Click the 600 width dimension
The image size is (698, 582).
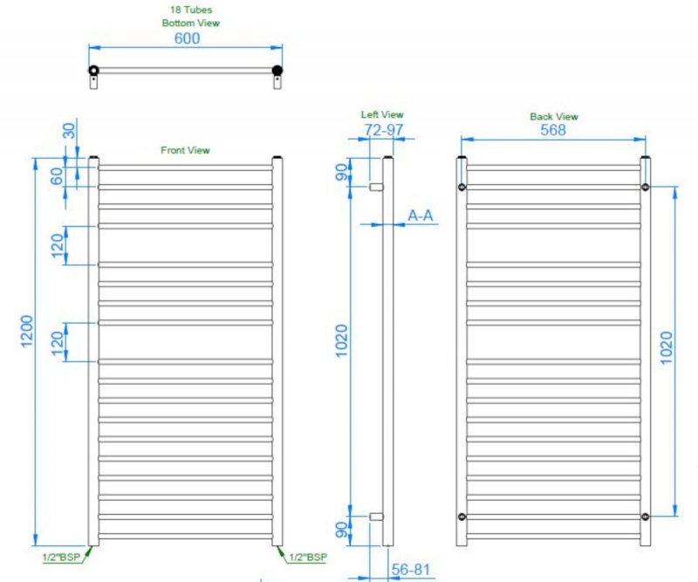click(187, 38)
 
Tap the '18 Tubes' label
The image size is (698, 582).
click(191, 10)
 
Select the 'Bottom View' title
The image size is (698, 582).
click(190, 24)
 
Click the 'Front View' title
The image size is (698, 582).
click(185, 150)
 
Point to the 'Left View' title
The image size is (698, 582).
click(382, 114)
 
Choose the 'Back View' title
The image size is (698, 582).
click(554, 117)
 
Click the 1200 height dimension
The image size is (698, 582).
click(27, 332)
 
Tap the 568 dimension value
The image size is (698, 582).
click(553, 130)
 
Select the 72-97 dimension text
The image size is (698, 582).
click(384, 130)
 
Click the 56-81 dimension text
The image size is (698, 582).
click(411, 570)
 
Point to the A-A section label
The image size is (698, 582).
click(421, 216)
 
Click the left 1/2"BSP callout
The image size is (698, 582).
click(61, 557)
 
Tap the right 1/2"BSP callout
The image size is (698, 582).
click(308, 557)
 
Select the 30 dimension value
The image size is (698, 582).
click(70, 131)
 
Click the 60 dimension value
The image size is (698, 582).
click(57, 177)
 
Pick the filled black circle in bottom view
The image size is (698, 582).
click(277, 70)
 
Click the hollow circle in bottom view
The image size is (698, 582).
click(93, 70)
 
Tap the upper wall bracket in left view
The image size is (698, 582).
click(376, 187)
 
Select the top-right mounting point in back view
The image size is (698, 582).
click(645, 187)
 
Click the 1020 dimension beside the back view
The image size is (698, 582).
click(666, 348)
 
